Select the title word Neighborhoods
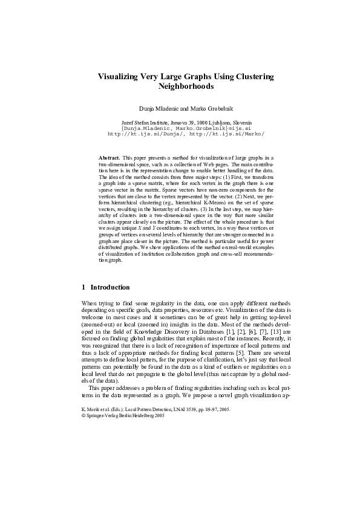[x=186, y=86]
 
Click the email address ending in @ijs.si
[x=186, y=128]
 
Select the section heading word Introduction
[x=110, y=287]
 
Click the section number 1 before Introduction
[x=83, y=287]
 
